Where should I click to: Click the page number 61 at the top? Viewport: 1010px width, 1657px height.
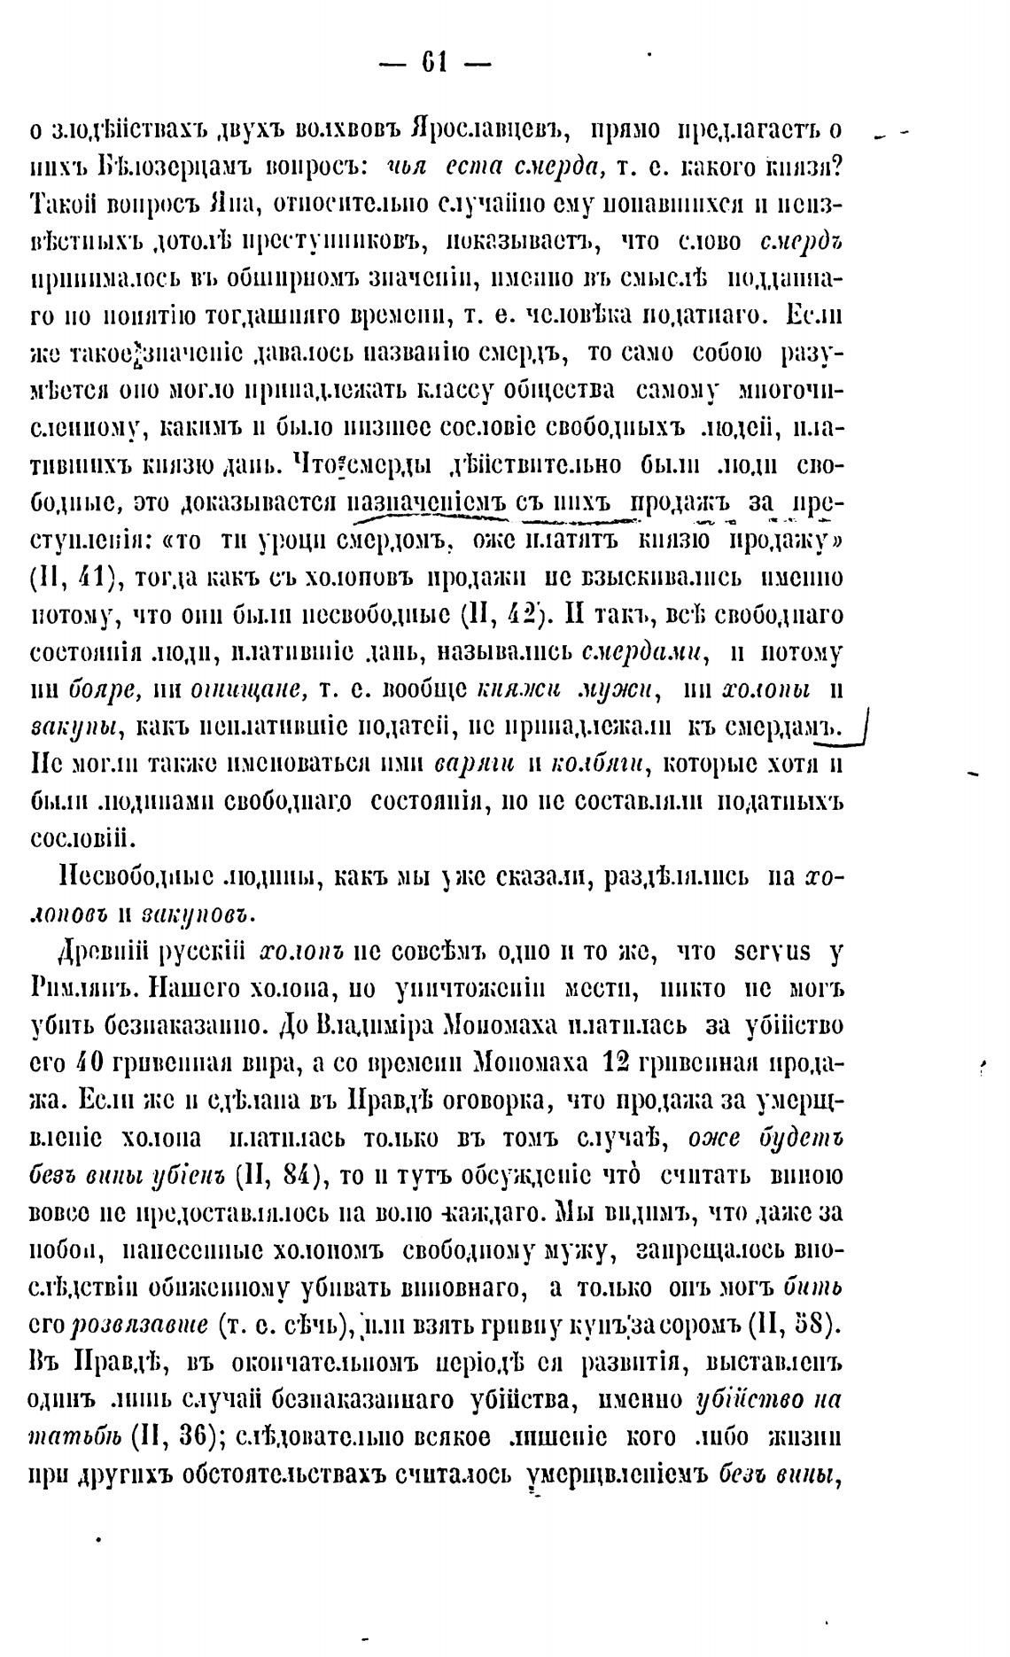[x=434, y=63]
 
